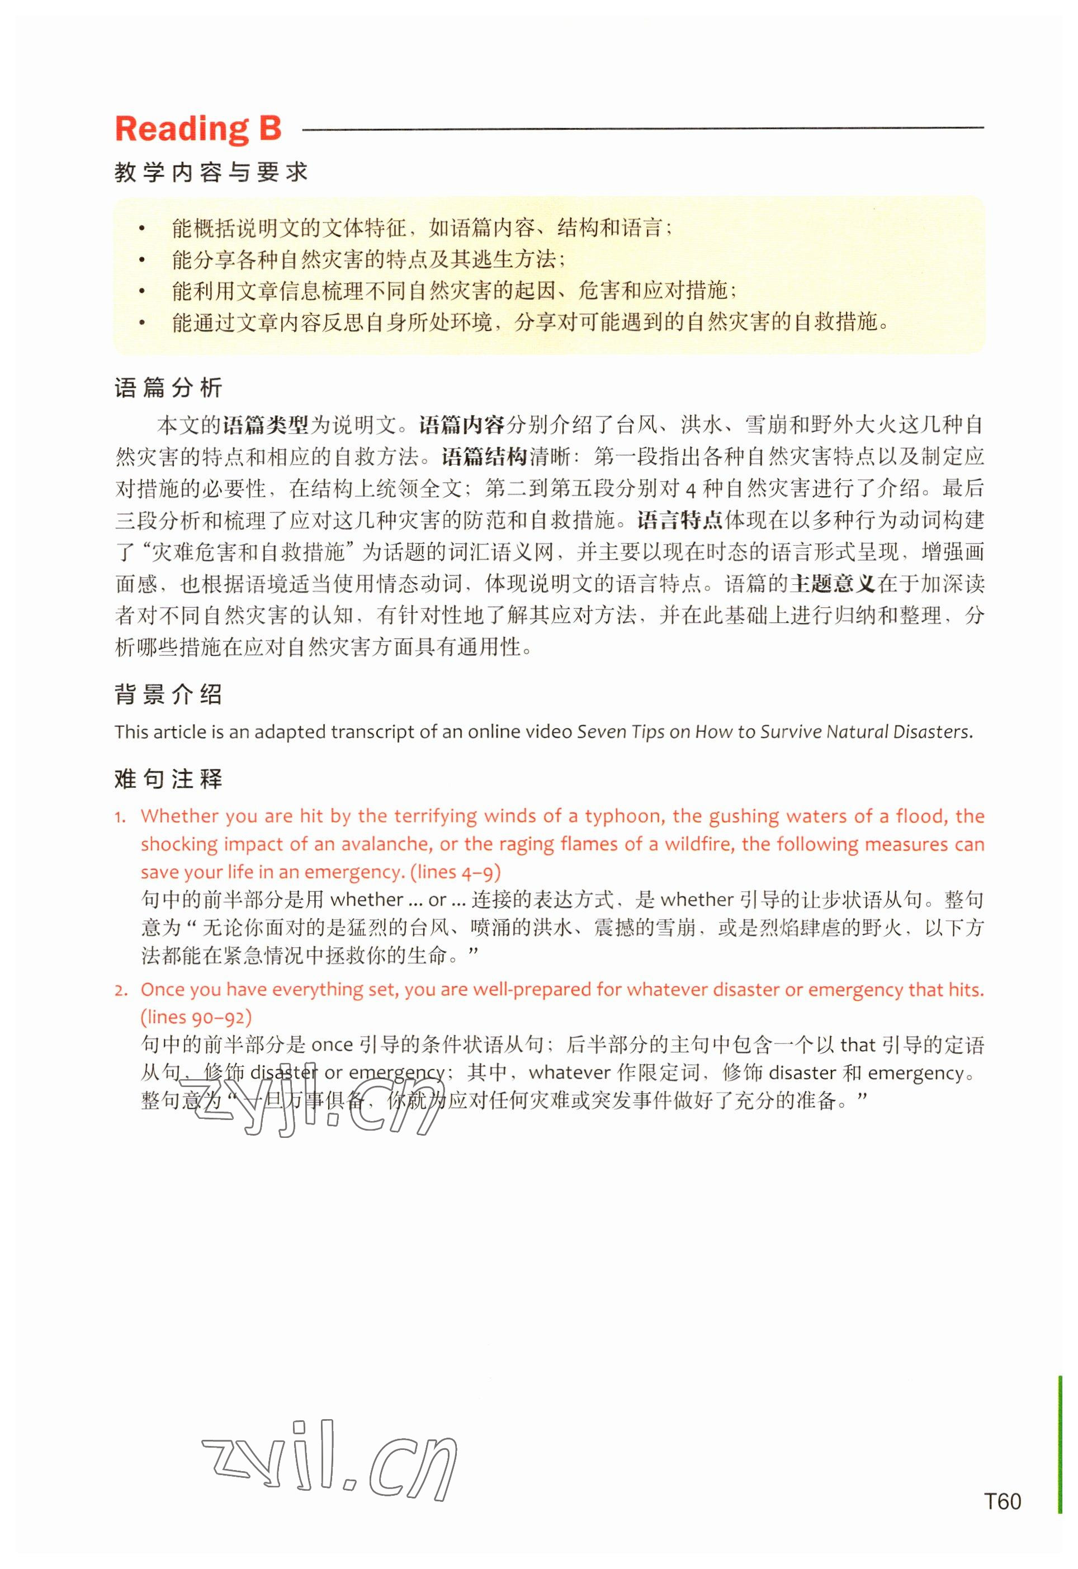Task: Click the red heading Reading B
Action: click(x=198, y=129)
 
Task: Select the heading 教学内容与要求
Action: click(x=211, y=173)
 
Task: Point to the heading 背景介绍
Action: click(x=169, y=694)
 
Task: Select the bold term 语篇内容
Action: click(x=462, y=426)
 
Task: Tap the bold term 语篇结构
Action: click(x=484, y=457)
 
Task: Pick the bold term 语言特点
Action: click(x=679, y=521)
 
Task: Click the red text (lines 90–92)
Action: click(x=196, y=1017)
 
